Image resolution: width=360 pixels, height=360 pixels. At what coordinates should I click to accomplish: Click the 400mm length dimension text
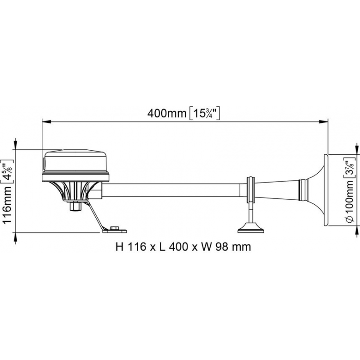click(x=166, y=113)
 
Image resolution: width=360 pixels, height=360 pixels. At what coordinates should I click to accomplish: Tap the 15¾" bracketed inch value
click(x=204, y=113)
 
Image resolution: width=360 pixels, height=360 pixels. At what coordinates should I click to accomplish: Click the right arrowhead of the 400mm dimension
click(x=323, y=121)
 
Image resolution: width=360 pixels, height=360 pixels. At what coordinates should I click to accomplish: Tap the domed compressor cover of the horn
click(x=76, y=162)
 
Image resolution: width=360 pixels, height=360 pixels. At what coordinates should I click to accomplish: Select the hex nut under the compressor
click(x=75, y=206)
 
